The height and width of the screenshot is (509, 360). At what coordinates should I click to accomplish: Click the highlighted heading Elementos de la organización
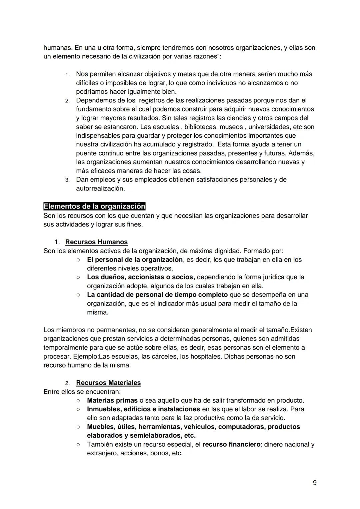(x=94, y=206)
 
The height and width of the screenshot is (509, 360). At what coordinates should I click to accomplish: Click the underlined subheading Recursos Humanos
(x=96, y=242)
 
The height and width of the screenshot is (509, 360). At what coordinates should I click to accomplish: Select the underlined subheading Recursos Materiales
(x=108, y=383)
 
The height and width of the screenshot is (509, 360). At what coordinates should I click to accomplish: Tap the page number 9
(x=315, y=483)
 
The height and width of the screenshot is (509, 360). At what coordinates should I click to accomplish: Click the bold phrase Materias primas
(x=112, y=400)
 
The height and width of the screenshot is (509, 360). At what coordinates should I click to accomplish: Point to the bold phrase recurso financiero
(x=231, y=444)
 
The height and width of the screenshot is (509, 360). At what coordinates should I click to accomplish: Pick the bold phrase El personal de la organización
(x=135, y=260)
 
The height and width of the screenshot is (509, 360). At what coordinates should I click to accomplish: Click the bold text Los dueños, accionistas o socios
(x=141, y=277)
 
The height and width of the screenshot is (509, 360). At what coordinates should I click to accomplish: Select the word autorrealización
(x=100, y=188)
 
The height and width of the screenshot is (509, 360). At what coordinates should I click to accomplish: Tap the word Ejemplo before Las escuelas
(x=84, y=356)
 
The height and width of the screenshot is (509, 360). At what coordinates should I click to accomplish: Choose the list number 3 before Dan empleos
(x=67, y=180)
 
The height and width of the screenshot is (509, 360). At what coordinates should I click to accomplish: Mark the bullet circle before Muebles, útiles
(x=78, y=427)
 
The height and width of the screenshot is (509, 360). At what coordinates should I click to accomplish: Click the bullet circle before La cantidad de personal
(x=78, y=295)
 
